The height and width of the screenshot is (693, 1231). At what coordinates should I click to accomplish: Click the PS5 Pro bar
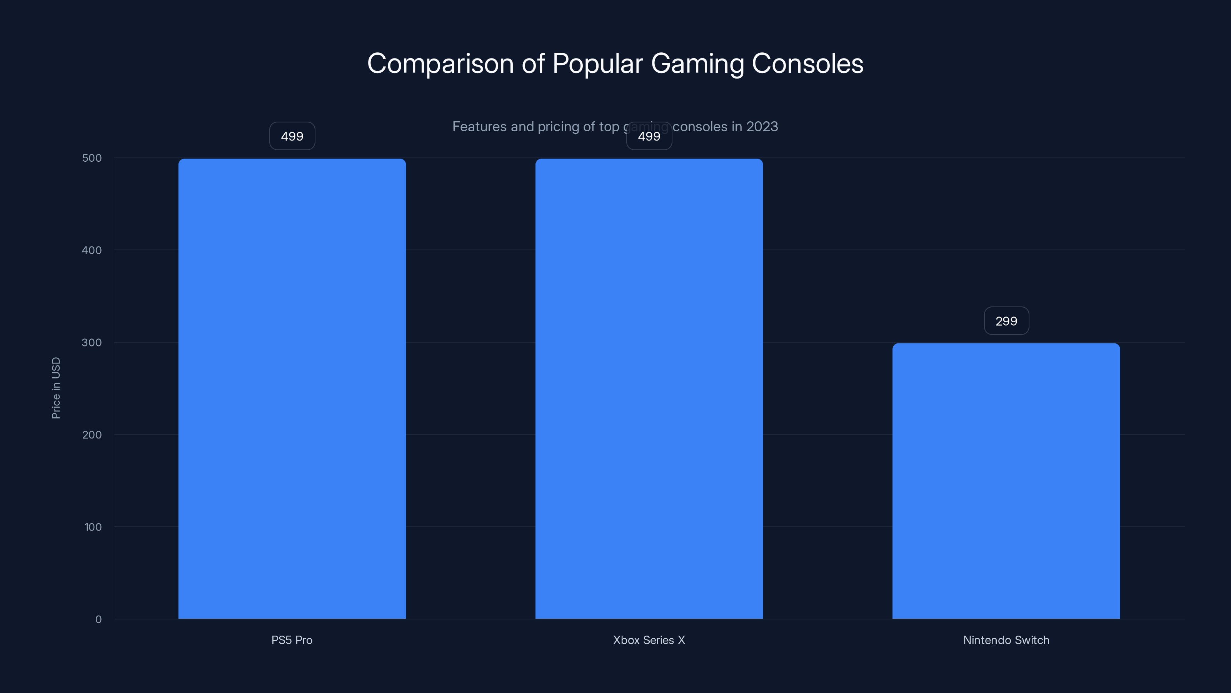[292, 388]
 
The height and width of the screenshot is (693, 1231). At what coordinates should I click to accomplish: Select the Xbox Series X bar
[649, 388]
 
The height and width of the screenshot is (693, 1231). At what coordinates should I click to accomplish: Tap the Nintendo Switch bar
[1006, 480]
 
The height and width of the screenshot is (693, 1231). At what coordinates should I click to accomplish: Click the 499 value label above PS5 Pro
[292, 136]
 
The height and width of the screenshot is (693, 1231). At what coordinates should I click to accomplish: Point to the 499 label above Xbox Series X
[649, 136]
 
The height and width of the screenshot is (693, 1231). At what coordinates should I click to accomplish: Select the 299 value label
[1006, 321]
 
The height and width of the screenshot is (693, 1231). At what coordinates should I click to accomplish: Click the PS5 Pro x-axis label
[292, 640]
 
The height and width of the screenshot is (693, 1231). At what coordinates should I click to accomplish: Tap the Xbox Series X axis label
[649, 640]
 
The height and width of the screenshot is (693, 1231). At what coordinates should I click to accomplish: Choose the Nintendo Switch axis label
[1006, 640]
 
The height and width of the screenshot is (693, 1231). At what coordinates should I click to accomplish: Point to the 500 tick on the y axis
[92, 158]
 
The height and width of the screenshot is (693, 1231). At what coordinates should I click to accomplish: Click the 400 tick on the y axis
[92, 250]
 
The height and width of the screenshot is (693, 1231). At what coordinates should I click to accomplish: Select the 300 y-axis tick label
[92, 342]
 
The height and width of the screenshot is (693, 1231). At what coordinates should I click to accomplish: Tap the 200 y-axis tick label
[92, 435]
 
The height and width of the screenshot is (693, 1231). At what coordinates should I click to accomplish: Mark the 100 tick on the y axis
[93, 527]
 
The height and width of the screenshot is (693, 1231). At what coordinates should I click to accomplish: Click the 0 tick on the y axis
[98, 619]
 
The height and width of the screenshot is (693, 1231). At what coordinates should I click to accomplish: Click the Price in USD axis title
[56, 388]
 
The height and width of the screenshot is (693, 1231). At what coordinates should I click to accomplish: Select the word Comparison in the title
[440, 64]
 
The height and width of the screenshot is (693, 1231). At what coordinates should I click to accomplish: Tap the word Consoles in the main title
[807, 64]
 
